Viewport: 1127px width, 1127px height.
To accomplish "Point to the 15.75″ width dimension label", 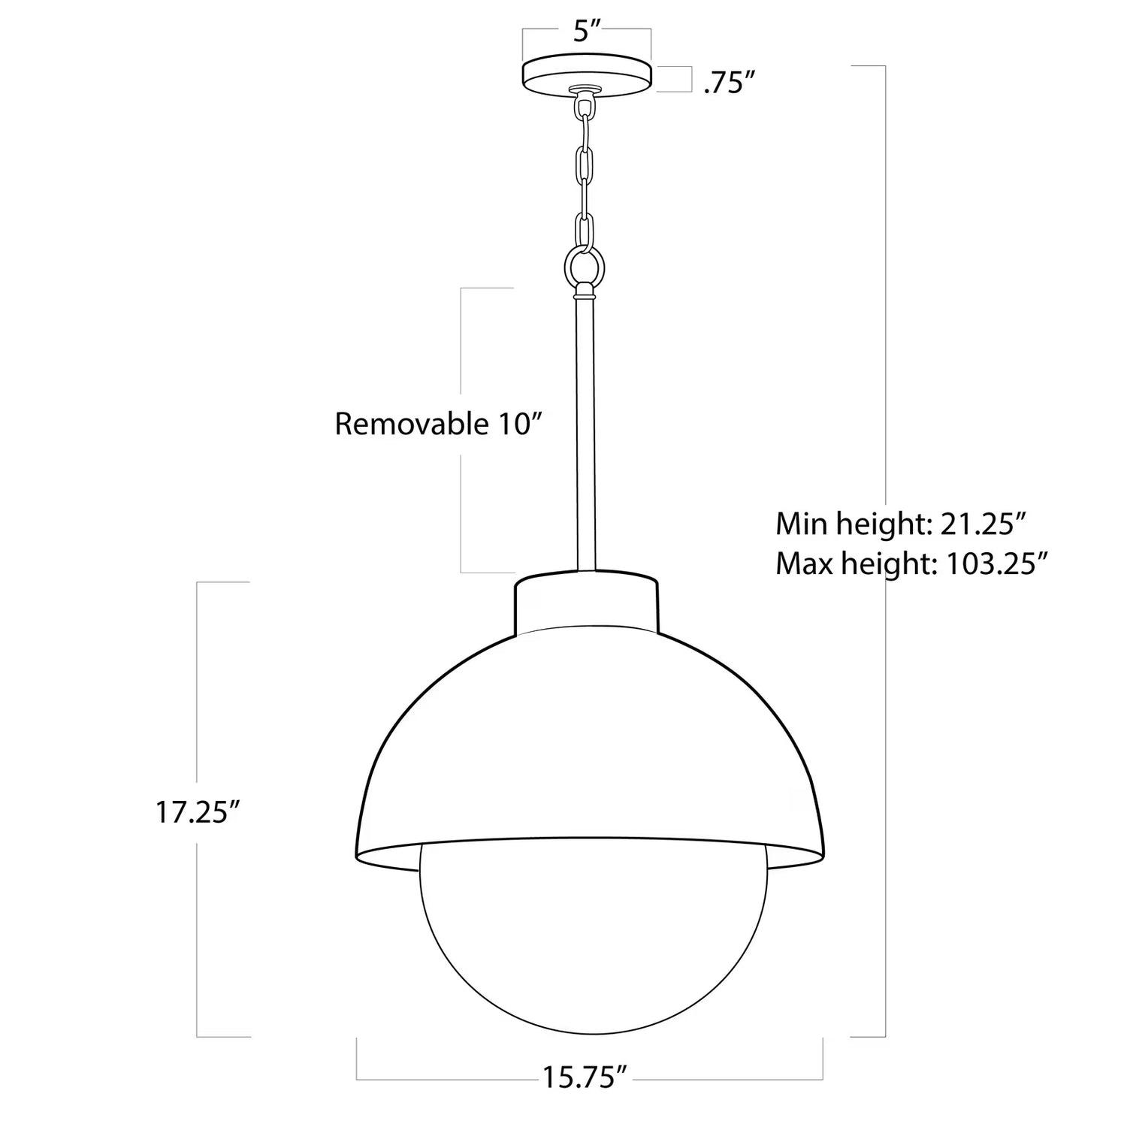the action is pyautogui.click(x=585, y=1077).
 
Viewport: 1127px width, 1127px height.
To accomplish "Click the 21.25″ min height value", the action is pyautogui.click(x=983, y=524).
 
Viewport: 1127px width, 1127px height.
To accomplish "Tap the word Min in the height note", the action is pyautogui.click(x=799, y=524).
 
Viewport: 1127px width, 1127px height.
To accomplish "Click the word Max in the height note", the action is pyautogui.click(x=802, y=563).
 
